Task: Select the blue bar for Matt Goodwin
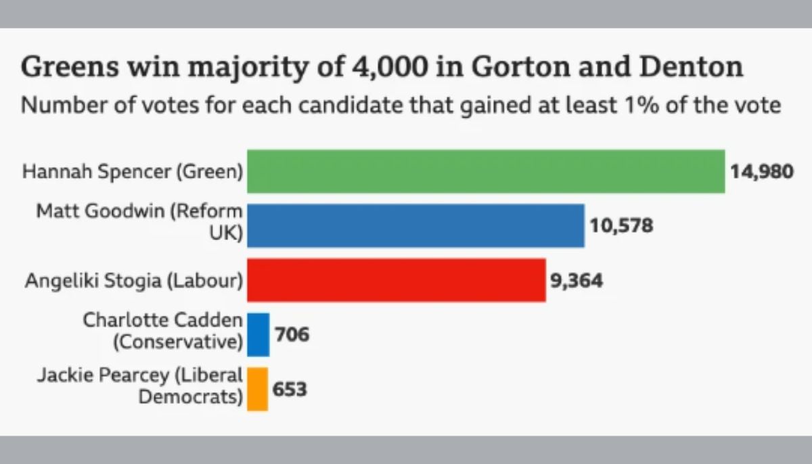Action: tap(415, 226)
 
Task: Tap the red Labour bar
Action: tap(396, 280)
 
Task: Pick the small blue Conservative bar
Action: tap(258, 334)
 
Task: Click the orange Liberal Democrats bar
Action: tap(257, 389)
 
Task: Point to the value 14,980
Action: tap(761, 171)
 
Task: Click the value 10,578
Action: tap(621, 225)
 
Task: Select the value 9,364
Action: tap(576, 280)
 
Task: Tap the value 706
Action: tap(292, 334)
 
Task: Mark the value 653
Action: tap(290, 390)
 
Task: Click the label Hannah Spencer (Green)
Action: tap(133, 172)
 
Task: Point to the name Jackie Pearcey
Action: tap(122, 376)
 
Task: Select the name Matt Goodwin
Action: tap(98, 212)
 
